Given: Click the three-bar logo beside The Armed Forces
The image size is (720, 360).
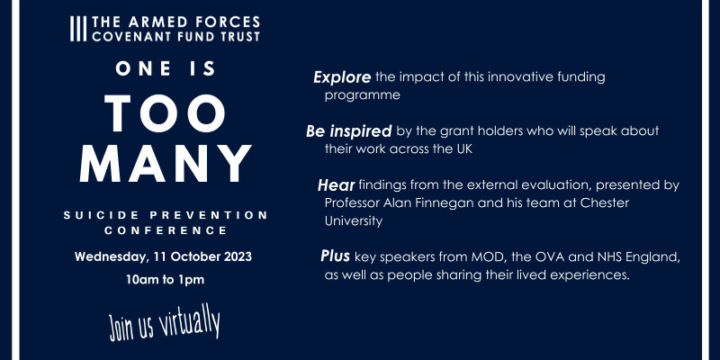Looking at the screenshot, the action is [78, 29].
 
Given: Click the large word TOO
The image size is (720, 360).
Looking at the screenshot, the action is [165, 114].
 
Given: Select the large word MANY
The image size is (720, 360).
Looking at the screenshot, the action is [166, 164].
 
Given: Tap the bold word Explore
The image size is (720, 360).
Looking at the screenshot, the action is [342, 77].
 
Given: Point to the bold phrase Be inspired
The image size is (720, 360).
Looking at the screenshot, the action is [348, 131].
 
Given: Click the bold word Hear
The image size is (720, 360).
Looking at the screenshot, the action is [336, 185].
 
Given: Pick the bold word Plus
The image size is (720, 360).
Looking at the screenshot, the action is [335, 256].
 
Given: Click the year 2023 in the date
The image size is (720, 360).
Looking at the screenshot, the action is [238, 256].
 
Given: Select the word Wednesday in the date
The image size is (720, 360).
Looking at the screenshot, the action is [111, 257].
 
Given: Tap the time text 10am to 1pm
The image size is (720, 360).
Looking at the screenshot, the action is [166, 280].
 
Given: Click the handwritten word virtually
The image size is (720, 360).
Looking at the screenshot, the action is [190, 322].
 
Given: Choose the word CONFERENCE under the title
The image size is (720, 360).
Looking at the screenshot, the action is [166, 231].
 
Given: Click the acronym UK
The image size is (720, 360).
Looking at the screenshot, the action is [463, 149].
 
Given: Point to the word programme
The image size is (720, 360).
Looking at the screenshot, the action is [363, 96].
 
